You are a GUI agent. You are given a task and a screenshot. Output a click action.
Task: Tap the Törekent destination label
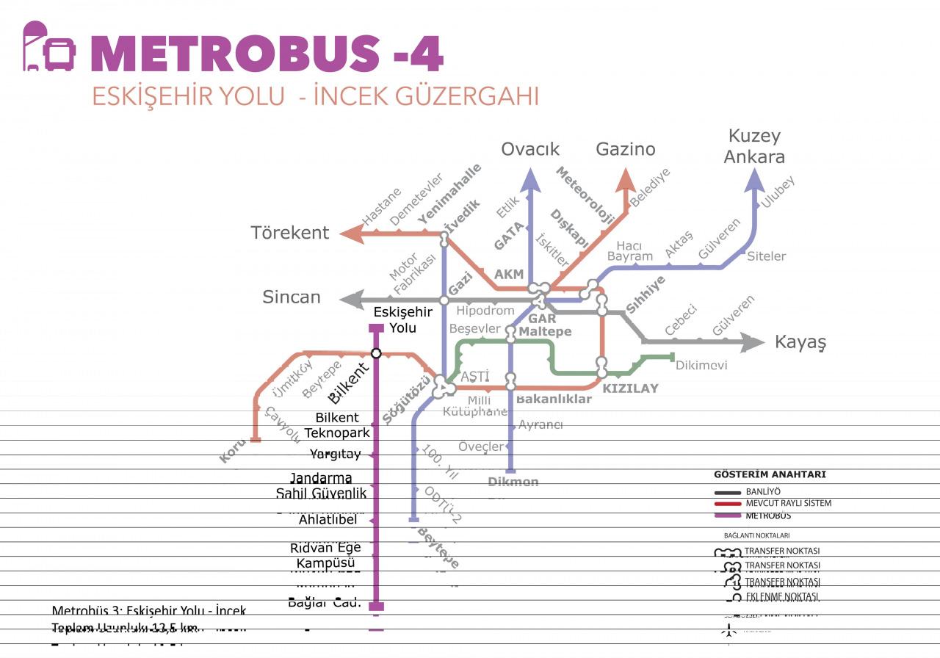[290, 233]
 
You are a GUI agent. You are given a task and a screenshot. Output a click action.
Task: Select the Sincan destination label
[292, 297]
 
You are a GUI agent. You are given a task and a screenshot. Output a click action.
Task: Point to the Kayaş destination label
[800, 342]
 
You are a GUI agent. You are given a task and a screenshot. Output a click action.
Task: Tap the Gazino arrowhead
[626, 181]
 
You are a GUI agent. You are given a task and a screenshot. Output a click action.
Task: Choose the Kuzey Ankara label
[754, 146]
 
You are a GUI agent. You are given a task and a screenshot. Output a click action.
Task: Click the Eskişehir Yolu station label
[403, 320]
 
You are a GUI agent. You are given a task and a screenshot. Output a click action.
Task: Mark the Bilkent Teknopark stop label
[338, 425]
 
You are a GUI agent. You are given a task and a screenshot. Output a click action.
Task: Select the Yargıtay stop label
[335, 454]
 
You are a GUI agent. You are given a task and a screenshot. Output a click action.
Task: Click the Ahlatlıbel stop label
[328, 520]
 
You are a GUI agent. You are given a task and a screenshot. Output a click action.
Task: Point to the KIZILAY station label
[630, 388]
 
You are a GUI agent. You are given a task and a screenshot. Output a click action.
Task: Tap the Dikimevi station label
[701, 365]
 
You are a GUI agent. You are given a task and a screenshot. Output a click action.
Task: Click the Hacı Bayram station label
[629, 250]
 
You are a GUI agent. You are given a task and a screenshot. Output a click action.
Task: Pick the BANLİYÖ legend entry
[762, 491]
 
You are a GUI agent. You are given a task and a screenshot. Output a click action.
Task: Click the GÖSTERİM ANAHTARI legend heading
[770, 474]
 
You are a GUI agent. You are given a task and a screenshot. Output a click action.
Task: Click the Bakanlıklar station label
[554, 399]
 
